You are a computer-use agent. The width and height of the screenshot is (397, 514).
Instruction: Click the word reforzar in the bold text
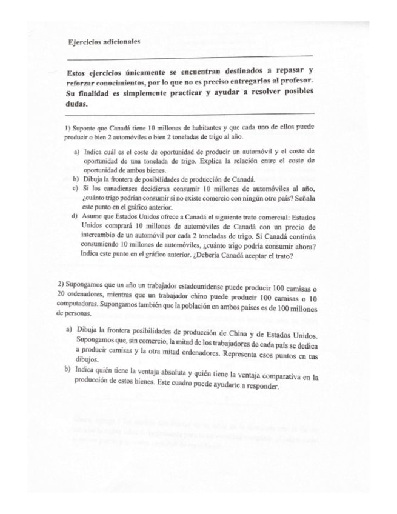click(x=83, y=81)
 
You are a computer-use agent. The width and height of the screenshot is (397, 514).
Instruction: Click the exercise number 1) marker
click(x=67, y=129)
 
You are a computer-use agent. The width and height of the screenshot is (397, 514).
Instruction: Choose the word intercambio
click(x=99, y=236)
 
